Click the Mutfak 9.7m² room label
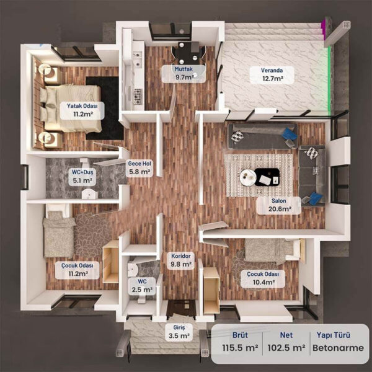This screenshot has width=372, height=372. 184,74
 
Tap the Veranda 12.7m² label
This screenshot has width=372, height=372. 272,75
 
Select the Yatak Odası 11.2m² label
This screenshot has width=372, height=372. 82,110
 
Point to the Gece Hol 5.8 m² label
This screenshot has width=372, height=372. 139,168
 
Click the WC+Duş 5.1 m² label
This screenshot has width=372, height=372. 82,176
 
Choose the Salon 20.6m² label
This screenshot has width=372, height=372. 279,205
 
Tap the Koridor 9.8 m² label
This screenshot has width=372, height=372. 181,260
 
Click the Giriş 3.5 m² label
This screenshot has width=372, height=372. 179,332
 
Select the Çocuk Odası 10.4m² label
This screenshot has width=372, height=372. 263,278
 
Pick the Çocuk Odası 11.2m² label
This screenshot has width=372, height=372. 77,270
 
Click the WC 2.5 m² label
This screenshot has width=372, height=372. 142,286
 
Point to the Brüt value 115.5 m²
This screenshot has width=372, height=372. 240,348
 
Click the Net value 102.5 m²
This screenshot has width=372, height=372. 286,348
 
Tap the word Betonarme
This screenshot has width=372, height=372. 338,348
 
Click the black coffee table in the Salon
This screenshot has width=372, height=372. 267,177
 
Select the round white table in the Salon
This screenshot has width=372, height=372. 248,177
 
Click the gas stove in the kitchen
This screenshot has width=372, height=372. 138,96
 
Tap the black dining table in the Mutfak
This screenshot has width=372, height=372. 188,53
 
